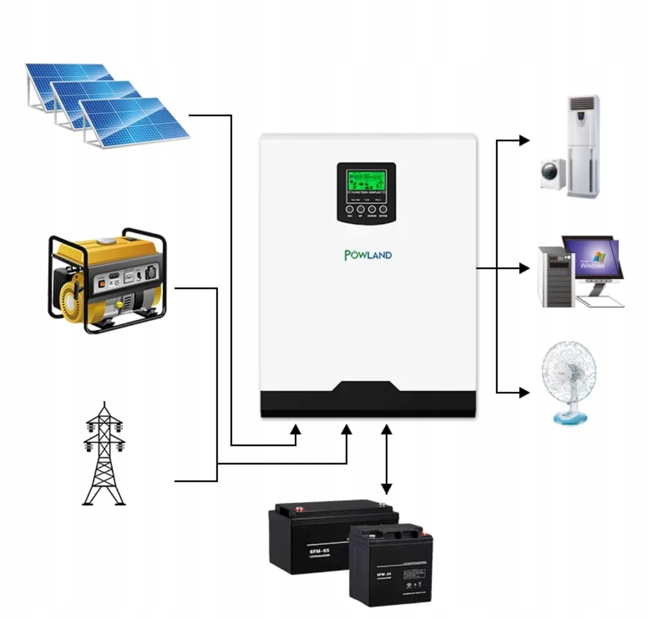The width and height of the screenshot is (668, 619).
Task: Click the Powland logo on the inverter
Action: (x=368, y=255)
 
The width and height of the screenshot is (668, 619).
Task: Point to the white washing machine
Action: (x=553, y=174)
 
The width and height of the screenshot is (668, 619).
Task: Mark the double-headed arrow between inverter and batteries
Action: (x=387, y=459)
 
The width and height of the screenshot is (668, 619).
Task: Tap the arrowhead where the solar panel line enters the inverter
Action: (x=296, y=430)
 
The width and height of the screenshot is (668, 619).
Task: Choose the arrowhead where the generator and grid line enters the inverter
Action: (x=347, y=430)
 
